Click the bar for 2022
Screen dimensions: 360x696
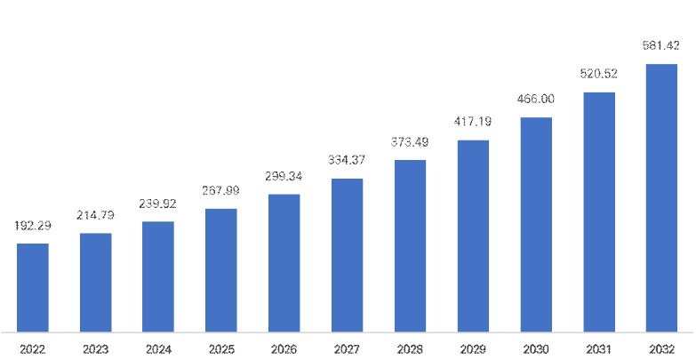pyautogui.click(x=33, y=287)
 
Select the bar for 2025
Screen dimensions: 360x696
pyautogui.click(x=220, y=270)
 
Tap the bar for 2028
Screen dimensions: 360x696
pyautogui.click(x=410, y=245)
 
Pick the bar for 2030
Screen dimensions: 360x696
pyautogui.click(x=536, y=224)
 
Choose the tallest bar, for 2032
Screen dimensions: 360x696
pyautogui.click(x=661, y=197)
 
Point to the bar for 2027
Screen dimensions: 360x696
pyautogui.click(x=347, y=255)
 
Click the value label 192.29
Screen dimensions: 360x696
pyautogui.click(x=33, y=227)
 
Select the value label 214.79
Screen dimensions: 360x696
pyautogui.click(x=95, y=216)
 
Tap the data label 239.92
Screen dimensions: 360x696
pyautogui.click(x=158, y=204)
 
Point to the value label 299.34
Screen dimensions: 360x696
pyautogui.click(x=284, y=177)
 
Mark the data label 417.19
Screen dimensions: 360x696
pyautogui.click(x=473, y=122)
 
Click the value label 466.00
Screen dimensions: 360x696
pyautogui.click(x=536, y=100)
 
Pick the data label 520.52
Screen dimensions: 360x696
pyautogui.click(x=599, y=74)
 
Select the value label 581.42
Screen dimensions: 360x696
pyautogui.click(x=661, y=44)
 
